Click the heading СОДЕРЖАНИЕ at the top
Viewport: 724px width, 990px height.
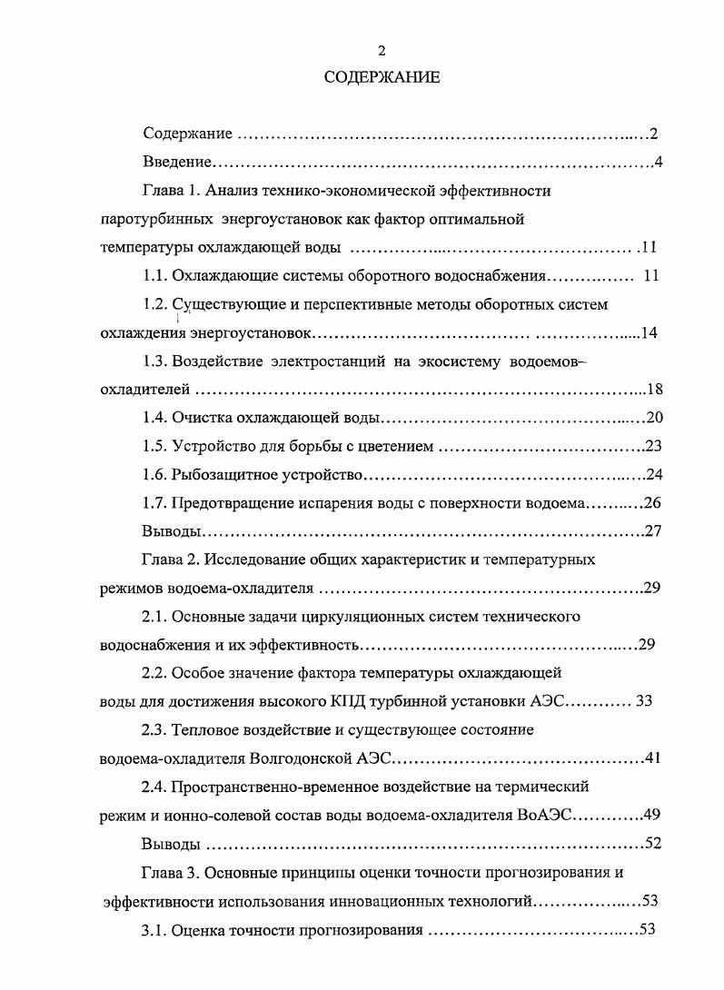(382, 77)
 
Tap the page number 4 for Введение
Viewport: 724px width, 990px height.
(658, 163)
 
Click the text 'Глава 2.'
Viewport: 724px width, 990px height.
(172, 559)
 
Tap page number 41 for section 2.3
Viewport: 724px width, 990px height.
(654, 758)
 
